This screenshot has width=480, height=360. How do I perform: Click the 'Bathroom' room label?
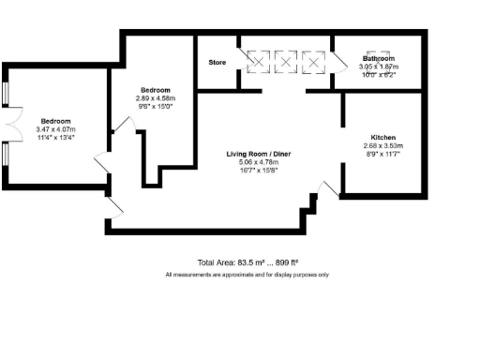(x=381, y=59)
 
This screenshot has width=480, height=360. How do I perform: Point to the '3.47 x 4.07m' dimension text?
(x=55, y=129)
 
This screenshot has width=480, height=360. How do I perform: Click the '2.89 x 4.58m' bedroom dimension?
(x=156, y=97)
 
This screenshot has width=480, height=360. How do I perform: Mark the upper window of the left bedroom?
(x=7, y=94)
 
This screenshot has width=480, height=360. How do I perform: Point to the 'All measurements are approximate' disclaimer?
(x=247, y=275)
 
